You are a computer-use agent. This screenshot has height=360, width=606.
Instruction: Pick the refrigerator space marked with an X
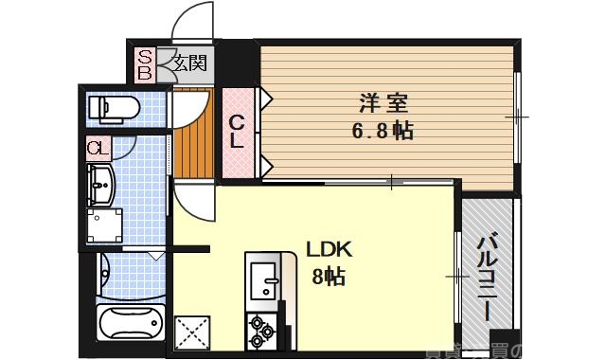pos(195,333)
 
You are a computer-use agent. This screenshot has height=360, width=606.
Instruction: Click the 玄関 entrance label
pos(189,64)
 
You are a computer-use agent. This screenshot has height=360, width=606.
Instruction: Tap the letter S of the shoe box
pos(146,56)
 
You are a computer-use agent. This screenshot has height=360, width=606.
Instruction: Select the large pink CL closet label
pos(239,132)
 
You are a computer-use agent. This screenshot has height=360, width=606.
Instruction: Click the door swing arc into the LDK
pos(192,201)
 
